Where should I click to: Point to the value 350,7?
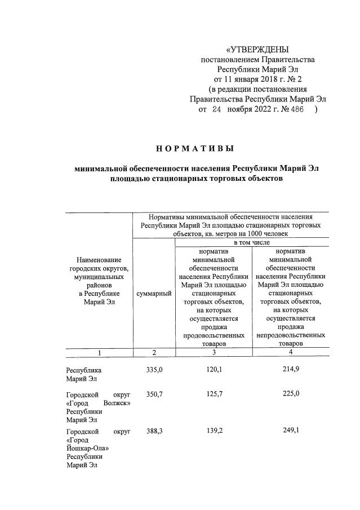click(x=154, y=394)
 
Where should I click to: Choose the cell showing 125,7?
click(x=214, y=394)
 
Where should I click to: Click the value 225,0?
click(x=291, y=394)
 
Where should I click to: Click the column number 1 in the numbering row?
click(x=99, y=353)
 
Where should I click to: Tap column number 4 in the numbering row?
click(x=291, y=352)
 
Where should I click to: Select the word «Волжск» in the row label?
click(x=117, y=403)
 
